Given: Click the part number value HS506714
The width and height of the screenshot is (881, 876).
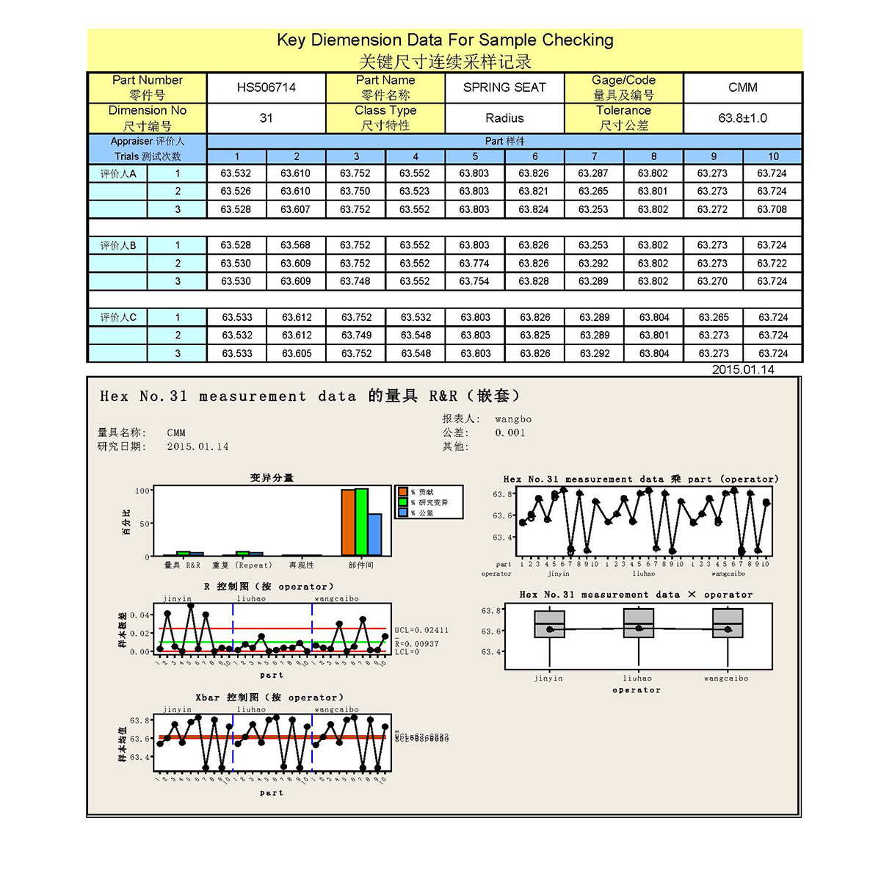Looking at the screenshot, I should (x=266, y=87).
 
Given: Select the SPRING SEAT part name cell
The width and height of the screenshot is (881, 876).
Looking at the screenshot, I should (x=504, y=87).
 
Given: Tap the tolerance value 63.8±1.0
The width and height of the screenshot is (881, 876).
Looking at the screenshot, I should (x=742, y=118).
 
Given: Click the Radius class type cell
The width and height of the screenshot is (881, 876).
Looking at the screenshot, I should (x=504, y=118).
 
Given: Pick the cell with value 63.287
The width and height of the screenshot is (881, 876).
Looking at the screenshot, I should (x=593, y=173).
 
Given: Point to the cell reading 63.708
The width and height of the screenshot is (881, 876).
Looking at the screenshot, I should (x=772, y=209).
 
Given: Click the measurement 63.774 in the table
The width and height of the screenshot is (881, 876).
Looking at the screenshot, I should (x=474, y=263).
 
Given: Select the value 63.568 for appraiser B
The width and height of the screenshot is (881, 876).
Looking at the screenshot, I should (x=295, y=245).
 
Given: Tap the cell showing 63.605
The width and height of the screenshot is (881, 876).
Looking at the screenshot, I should (x=297, y=353).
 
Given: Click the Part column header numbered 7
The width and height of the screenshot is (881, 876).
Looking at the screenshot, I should (x=594, y=156).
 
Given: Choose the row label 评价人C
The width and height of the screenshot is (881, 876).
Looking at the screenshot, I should (x=118, y=317).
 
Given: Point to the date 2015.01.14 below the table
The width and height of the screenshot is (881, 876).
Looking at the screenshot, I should (x=743, y=369).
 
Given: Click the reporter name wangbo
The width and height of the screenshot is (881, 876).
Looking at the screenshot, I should (x=513, y=419).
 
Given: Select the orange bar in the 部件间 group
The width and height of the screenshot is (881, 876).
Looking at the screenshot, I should (x=348, y=522).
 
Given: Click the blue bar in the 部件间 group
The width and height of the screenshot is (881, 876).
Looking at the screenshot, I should (x=374, y=535).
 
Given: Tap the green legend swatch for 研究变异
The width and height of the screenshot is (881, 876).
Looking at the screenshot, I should (x=402, y=502).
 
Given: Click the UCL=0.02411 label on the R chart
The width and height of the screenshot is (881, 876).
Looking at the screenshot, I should (x=421, y=630).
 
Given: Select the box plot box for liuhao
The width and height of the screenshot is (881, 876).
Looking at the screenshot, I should (x=638, y=625).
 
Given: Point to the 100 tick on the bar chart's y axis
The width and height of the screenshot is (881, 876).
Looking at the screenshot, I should (x=142, y=491).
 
